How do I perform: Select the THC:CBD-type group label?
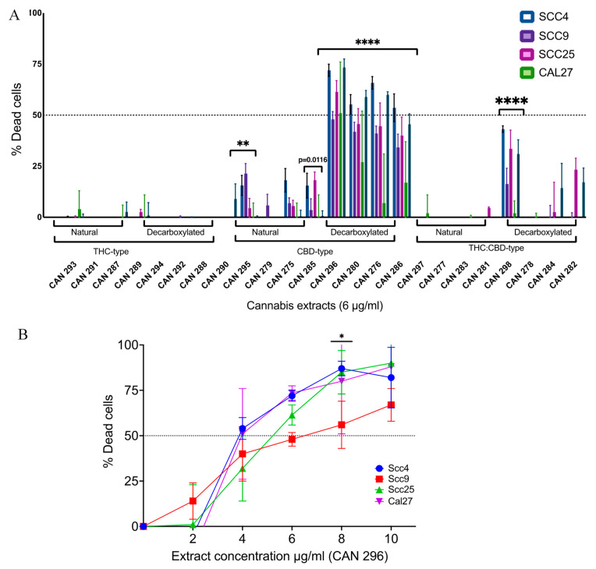[x=495, y=247]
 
